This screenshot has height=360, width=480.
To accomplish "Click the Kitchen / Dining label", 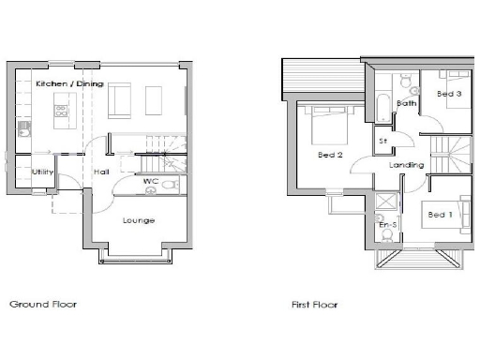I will point(68,84).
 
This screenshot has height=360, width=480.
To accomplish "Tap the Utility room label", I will point(42,172).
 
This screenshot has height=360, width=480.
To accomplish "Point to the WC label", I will point(149,182).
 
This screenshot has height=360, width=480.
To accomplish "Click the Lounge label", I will point(138,220).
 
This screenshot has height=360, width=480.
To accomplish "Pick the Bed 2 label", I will point(329,155).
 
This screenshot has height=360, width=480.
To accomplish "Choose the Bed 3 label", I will point(449,94).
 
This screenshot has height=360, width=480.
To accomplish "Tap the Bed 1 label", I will point(440,215).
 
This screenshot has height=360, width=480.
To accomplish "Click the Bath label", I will point(406,103).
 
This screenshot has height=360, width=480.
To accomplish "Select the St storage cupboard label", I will point(382,142).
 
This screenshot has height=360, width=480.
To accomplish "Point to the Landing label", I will point(407,165).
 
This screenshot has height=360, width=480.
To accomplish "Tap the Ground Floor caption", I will point(43,304).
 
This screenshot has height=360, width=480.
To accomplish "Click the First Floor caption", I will point(314,304).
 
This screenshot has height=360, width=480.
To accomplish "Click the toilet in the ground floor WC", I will point(167,186).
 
